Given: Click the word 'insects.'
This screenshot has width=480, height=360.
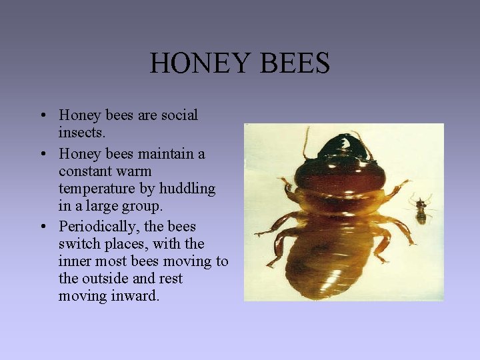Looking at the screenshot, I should pyautogui.click(x=82, y=133).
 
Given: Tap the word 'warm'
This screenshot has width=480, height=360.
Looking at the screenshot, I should pyautogui.click(x=133, y=171).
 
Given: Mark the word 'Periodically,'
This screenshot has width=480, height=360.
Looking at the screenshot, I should pyautogui.click(x=100, y=226).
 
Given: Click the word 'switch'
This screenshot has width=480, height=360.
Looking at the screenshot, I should pyautogui.click(x=80, y=243).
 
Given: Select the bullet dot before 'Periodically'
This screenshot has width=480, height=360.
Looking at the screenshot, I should pyautogui.click(x=42, y=227).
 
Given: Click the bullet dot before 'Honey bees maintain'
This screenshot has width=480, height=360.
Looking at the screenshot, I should pyautogui.click(x=42, y=155).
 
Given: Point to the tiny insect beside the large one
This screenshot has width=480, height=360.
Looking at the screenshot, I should pyautogui.click(x=421, y=209).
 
